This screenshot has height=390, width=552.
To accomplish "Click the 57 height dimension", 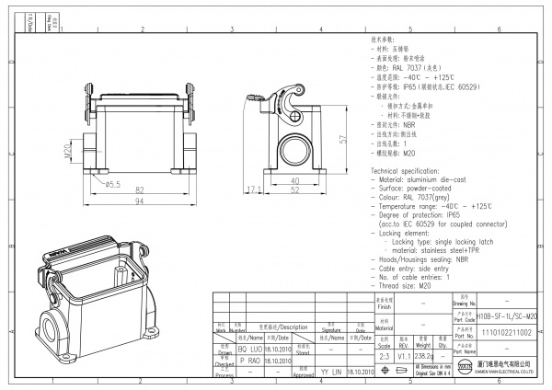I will point(342,138).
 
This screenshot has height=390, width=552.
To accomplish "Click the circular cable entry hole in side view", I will point(295,146).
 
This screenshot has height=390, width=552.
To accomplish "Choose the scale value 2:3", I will point(384,353).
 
